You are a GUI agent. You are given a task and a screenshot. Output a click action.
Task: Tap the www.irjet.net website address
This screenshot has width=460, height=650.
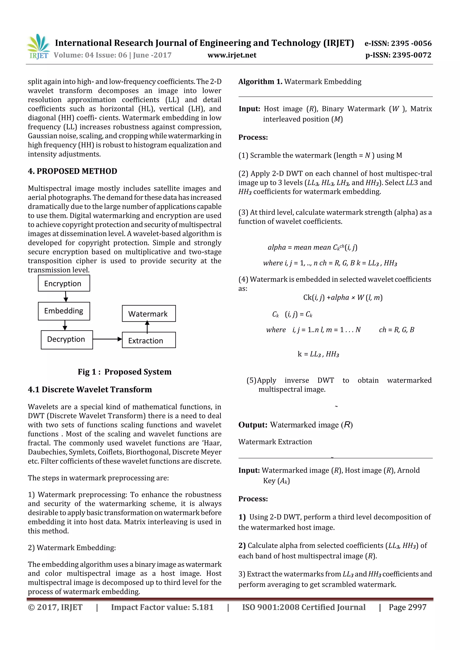[x=232, y=55]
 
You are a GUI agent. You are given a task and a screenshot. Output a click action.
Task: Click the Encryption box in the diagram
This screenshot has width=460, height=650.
[x=64, y=283]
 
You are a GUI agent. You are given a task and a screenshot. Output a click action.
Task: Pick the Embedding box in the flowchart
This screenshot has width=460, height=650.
[x=64, y=311]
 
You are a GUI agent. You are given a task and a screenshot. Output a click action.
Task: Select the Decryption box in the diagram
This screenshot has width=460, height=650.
[x=67, y=339]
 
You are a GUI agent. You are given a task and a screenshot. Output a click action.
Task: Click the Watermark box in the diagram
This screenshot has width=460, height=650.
[x=148, y=313]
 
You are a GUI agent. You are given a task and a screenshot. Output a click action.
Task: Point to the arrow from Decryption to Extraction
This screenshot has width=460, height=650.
[x=107, y=339]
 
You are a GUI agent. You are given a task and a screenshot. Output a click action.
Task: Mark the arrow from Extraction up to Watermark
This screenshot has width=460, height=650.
[x=147, y=327]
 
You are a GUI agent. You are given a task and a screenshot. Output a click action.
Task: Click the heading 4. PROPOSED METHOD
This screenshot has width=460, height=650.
[x=73, y=171]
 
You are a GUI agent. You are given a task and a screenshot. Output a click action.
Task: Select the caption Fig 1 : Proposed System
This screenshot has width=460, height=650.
[x=125, y=372]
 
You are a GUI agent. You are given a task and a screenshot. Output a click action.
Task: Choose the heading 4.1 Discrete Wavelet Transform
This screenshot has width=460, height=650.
[x=90, y=390]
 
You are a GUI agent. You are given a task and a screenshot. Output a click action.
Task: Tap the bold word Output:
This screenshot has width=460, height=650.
[x=252, y=425]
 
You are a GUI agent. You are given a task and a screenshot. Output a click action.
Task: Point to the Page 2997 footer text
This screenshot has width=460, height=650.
[x=407, y=607]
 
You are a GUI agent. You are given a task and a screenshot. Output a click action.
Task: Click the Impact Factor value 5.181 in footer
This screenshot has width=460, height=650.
[x=162, y=607]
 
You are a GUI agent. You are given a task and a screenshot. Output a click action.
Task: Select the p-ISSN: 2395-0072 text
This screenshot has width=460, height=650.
[x=398, y=55]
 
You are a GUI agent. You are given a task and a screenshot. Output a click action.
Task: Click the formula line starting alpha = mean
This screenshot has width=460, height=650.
[x=312, y=247]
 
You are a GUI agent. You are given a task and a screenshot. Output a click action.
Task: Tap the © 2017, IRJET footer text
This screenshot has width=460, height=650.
[x=55, y=607]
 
